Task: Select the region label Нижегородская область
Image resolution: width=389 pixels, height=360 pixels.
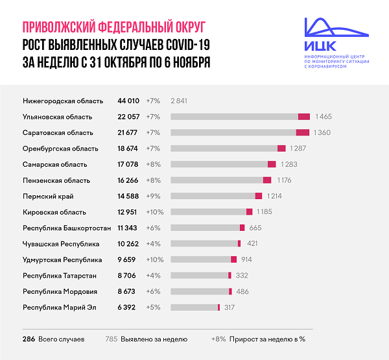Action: [63, 101]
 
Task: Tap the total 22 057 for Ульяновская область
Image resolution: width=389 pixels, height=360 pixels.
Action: [128, 117]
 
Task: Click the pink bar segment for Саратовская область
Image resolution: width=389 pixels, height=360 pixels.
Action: [302, 132]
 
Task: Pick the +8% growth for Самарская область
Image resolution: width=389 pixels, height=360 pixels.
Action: [154, 164]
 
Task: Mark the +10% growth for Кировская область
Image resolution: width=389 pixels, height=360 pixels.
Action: [155, 211]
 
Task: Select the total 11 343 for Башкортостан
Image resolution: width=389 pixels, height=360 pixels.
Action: [128, 228]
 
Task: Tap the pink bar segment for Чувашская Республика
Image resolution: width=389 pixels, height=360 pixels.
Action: [239, 243]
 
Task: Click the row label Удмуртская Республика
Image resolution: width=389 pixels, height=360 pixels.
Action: [62, 259]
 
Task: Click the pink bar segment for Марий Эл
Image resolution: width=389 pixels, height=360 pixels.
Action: [219, 307]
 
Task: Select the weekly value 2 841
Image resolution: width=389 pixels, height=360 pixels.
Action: [179, 101]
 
